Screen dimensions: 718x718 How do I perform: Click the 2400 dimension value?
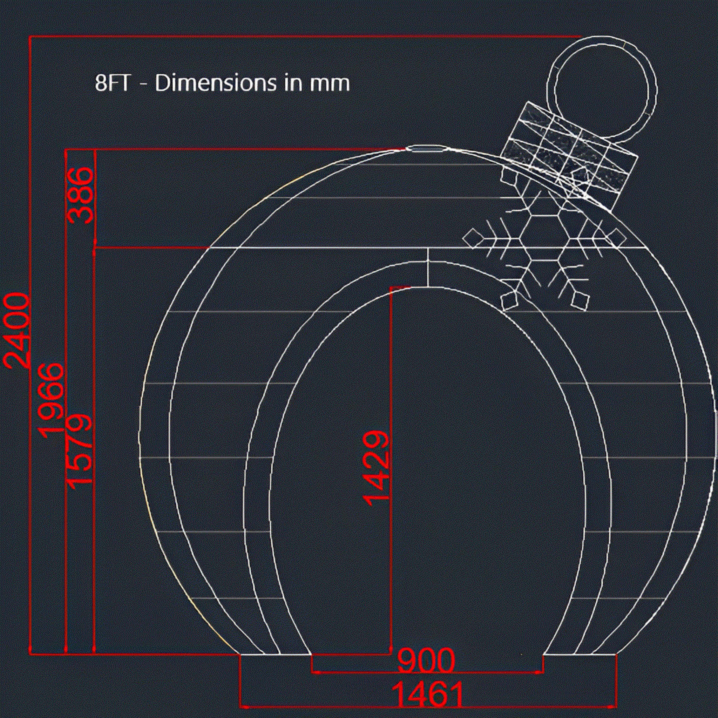(x=16, y=330)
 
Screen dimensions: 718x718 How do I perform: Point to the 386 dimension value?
(x=80, y=196)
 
